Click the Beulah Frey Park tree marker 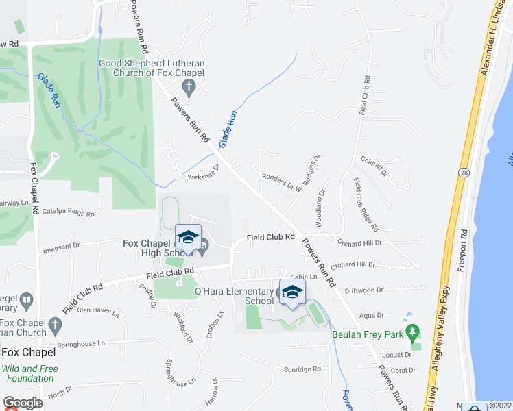click(412, 334)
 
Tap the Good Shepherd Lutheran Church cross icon click(189, 87)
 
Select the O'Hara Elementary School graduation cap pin click(293, 292)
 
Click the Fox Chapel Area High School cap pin click(188, 238)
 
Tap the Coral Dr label click(403, 370)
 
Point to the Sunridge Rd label click(302, 369)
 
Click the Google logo click(23, 403)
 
